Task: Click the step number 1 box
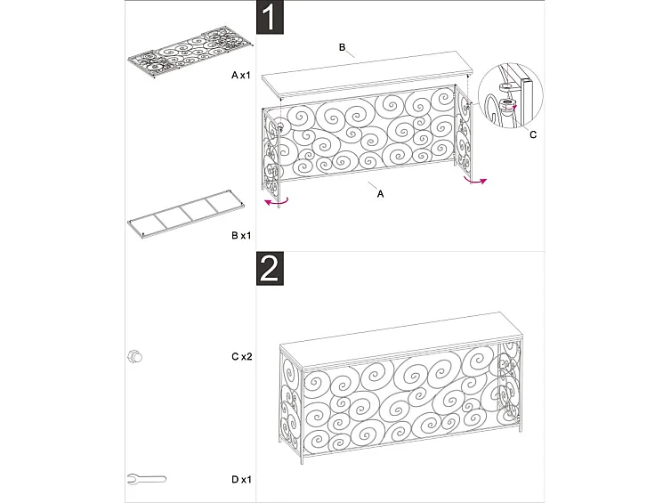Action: click(271, 18)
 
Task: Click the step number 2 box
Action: click(271, 268)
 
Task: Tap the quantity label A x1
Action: click(241, 77)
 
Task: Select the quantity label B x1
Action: click(241, 236)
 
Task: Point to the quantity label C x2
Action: click(241, 356)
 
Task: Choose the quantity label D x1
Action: click(241, 480)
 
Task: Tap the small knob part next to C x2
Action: click(135, 356)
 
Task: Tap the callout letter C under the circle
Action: click(532, 135)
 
